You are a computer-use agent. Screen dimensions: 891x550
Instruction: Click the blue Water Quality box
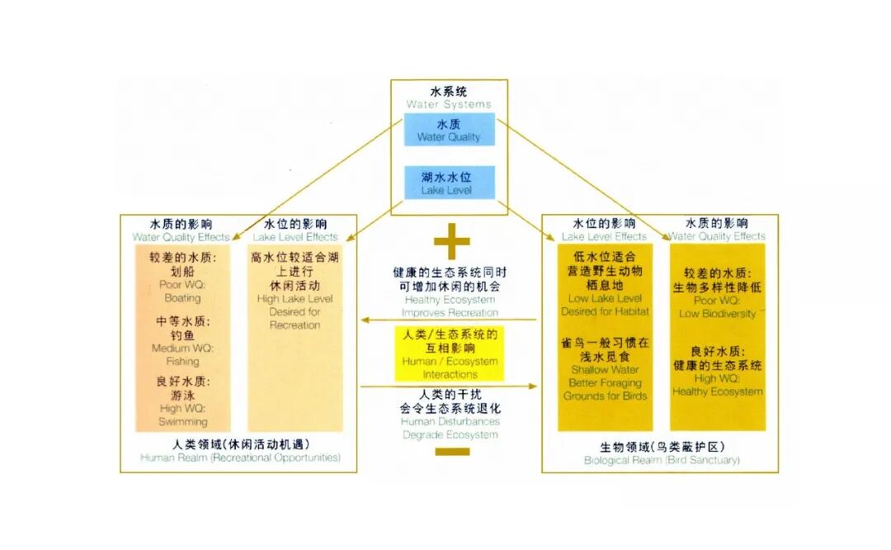pyautogui.click(x=449, y=130)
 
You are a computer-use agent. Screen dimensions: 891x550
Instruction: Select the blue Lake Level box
pyautogui.click(x=449, y=183)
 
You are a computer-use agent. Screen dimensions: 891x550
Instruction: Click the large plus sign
pyautogui.click(x=451, y=242)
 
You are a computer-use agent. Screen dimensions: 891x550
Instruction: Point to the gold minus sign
pyautogui.click(x=451, y=452)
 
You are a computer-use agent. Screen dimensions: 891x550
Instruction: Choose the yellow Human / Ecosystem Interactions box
pyautogui.click(x=449, y=353)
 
